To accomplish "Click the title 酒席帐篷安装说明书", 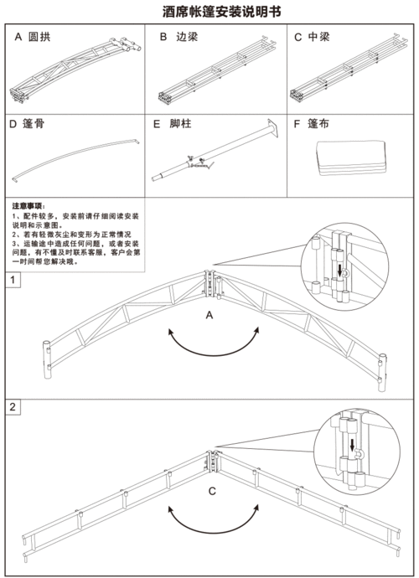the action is tap(222, 12).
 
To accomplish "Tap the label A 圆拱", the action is tap(33, 37).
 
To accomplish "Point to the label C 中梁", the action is tap(312, 37).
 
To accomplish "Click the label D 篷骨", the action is tap(27, 123).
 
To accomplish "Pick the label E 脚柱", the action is tap(173, 123).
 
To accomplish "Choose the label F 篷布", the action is tap(311, 123).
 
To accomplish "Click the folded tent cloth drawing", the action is tap(350, 157).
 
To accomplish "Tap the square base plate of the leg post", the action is tap(273, 128).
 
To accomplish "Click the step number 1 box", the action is tap(13, 280).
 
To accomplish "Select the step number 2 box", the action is tap(13, 407).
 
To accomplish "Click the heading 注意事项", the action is tap(28, 206).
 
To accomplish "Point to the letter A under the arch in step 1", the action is tap(209, 315).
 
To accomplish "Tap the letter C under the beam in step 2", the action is tap(212, 492).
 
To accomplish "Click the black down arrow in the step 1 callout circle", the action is tap(339, 271).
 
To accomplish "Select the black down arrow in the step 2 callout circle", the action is tap(352, 445).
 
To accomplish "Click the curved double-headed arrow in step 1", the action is tap(214, 355).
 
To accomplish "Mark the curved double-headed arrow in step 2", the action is tap(214, 533).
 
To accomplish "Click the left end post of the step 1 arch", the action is tap(47, 359).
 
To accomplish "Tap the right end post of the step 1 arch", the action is tap(382, 373).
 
